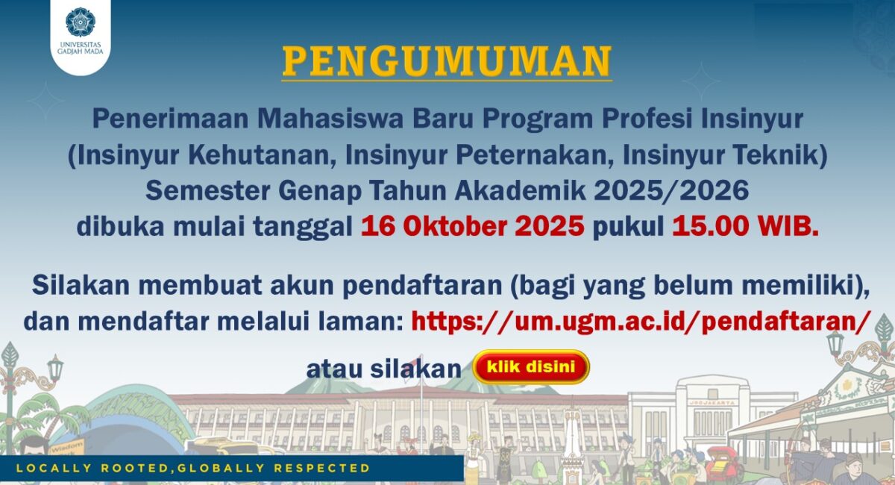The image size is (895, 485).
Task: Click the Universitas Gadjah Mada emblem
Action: tap(81, 22)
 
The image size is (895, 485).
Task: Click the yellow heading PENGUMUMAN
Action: tap(447, 61)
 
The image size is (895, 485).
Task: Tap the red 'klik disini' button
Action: tap(531, 366)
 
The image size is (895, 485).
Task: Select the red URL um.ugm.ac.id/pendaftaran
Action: tap(641, 321)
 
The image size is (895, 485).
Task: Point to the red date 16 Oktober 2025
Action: tap(473, 226)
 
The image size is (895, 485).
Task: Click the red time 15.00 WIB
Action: tap(746, 226)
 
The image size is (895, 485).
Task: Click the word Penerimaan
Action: tap(171, 119)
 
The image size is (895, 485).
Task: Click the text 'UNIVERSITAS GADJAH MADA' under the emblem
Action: tap(81, 48)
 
